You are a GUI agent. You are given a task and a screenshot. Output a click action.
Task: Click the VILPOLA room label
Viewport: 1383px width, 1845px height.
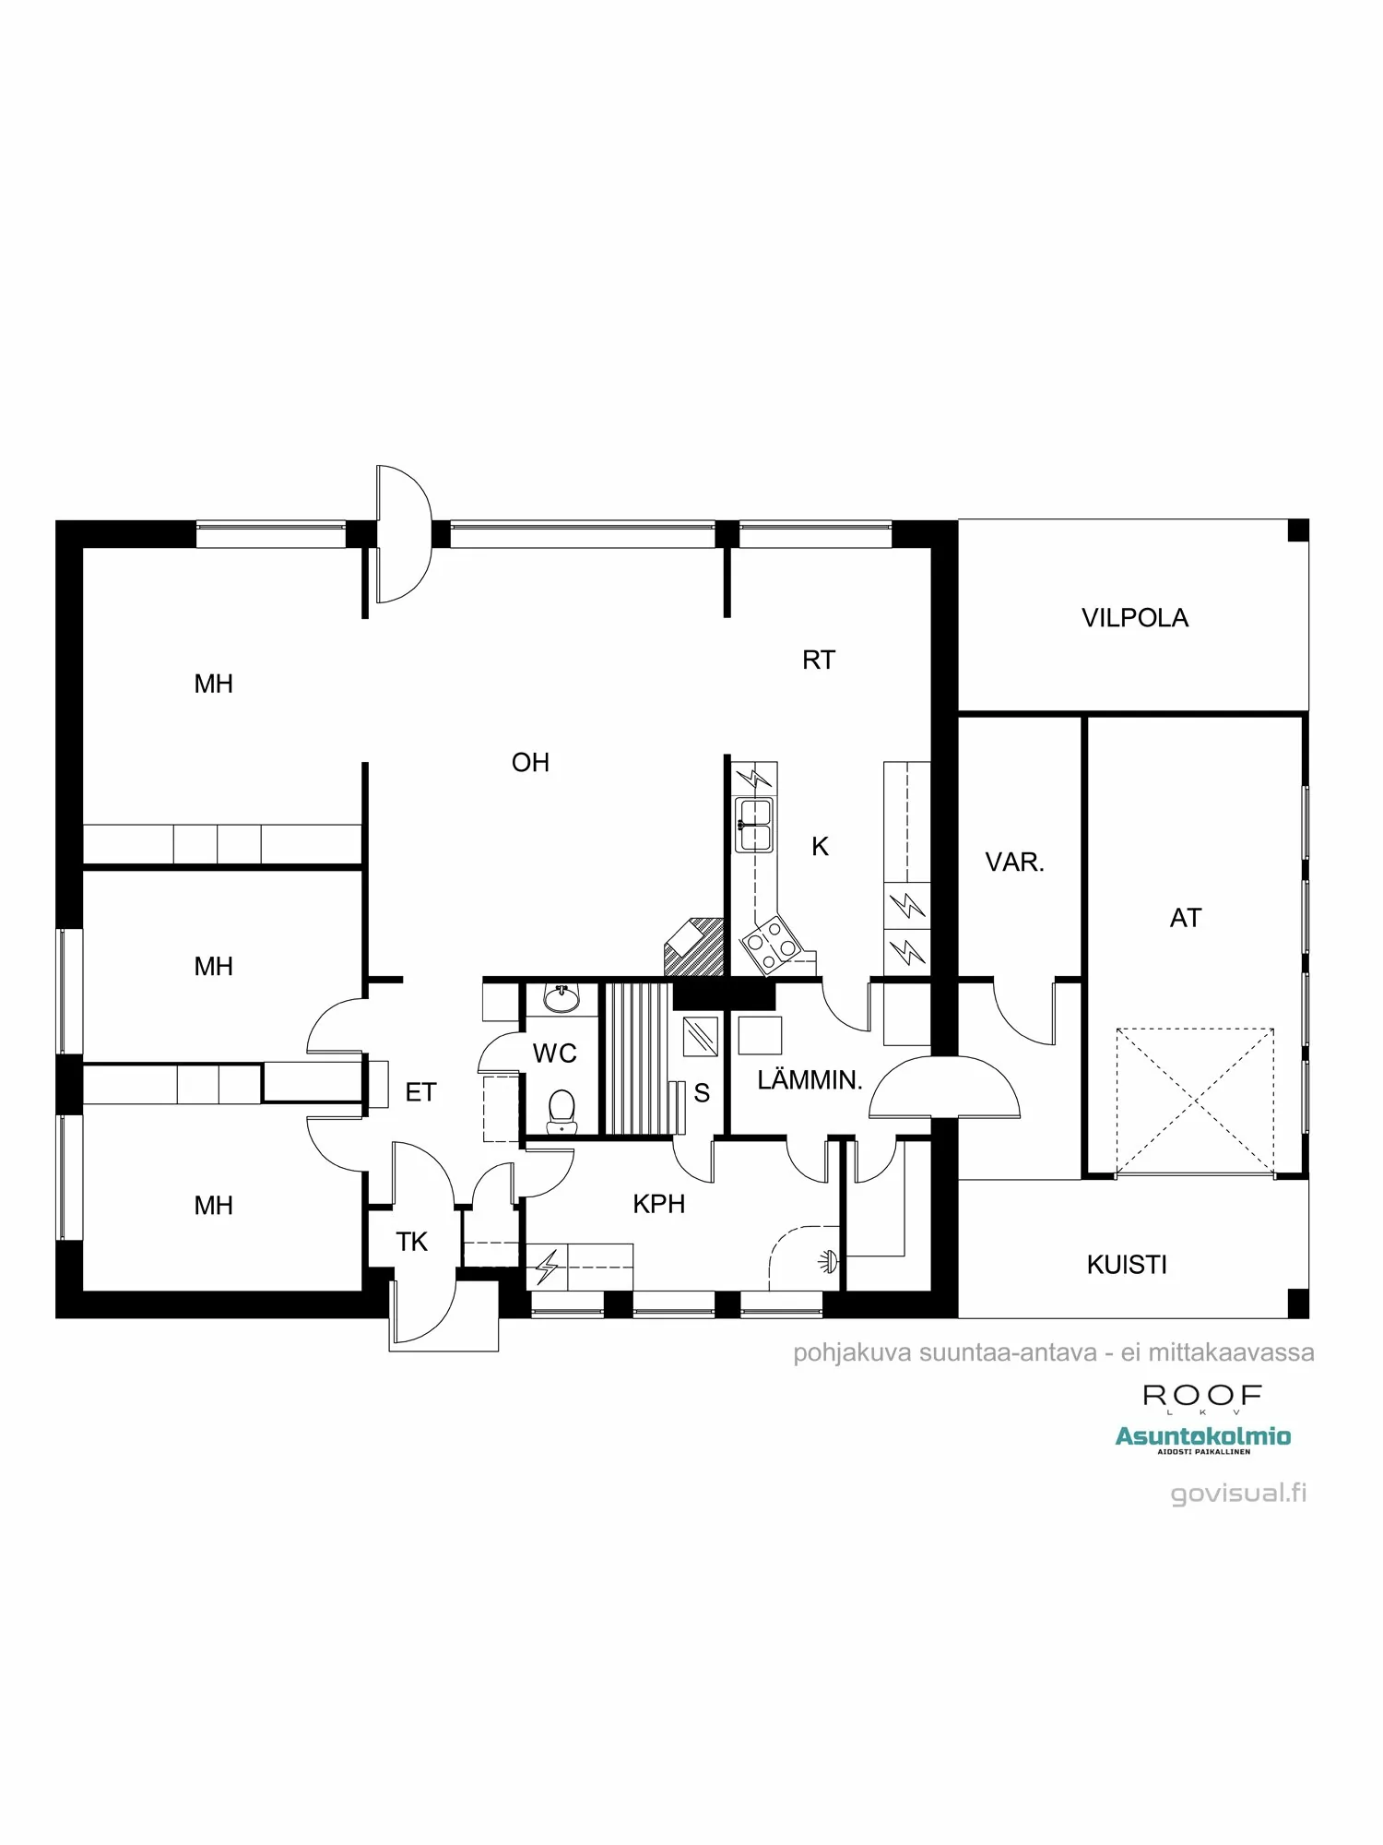point(1134,618)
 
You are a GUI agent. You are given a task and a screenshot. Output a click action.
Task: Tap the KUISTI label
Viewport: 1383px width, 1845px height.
point(1127,1265)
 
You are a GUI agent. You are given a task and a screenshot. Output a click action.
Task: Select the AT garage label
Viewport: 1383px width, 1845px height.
point(1185,918)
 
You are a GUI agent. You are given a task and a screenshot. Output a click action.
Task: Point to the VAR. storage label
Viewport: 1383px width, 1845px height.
point(1014,863)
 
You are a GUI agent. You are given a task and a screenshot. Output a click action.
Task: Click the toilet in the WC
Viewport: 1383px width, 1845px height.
point(561,1109)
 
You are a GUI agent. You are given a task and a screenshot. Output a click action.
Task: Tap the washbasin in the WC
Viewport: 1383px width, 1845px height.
point(561,998)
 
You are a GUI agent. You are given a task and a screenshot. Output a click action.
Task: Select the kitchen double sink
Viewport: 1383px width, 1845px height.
point(754,825)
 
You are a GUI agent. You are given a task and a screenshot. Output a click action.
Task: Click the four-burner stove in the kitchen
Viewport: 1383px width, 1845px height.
point(772,944)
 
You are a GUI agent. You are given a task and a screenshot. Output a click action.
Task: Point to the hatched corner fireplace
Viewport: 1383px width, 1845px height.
point(693,946)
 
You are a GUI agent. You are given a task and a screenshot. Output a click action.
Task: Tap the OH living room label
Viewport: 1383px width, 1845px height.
point(530,763)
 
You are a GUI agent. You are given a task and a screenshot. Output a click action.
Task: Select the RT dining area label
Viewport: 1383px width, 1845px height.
point(818,661)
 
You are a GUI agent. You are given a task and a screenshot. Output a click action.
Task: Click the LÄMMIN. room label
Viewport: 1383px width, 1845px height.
point(810,1080)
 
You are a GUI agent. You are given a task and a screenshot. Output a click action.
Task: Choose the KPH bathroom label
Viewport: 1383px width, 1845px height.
point(658,1204)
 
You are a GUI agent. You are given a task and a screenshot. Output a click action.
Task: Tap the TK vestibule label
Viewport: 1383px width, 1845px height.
point(411,1243)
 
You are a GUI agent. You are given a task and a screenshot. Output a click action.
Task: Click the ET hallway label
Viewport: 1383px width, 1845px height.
point(420,1093)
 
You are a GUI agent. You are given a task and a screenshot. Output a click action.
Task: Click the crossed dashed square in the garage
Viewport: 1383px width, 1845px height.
point(1194,1101)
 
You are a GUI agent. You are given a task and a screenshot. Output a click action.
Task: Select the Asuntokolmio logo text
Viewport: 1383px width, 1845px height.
point(1202,1436)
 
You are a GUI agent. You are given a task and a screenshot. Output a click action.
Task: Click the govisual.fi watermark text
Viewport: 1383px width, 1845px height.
point(1238,1494)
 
